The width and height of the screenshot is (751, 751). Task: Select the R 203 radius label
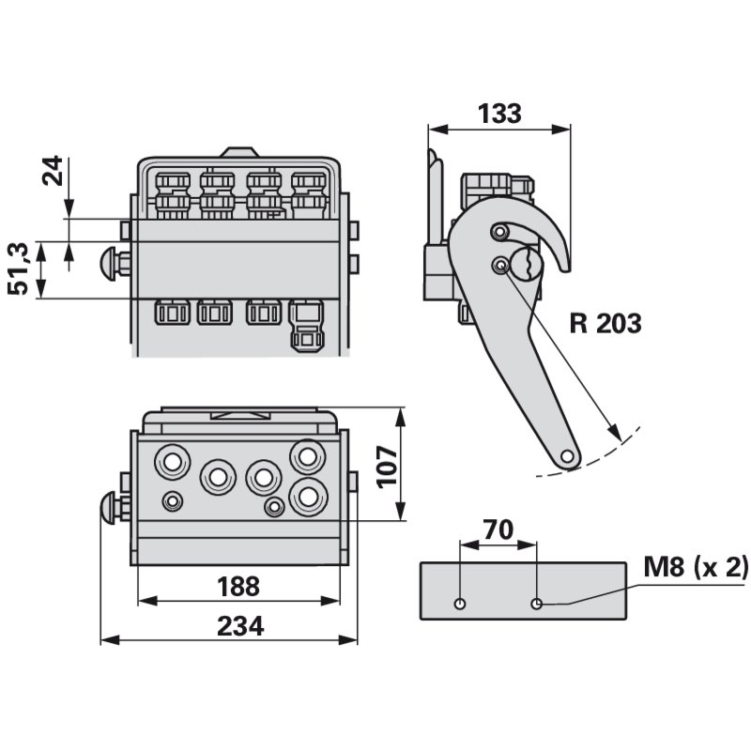pyautogui.click(x=605, y=324)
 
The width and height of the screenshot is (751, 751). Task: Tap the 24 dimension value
pyautogui.click(x=54, y=172)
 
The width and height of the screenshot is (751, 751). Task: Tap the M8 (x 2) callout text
pyautogui.click(x=696, y=566)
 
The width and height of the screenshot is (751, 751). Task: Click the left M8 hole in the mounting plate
pyautogui.click(x=459, y=603)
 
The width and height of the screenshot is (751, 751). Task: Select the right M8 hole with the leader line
pyautogui.click(x=536, y=603)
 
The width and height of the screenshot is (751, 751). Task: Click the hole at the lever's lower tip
pyautogui.click(x=567, y=455)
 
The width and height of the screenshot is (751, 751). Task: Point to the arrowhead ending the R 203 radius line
pyautogui.click(x=616, y=435)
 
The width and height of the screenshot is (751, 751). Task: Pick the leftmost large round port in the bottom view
pyautogui.click(x=173, y=461)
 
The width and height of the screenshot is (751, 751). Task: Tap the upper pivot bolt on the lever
pyautogui.click(x=501, y=233)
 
